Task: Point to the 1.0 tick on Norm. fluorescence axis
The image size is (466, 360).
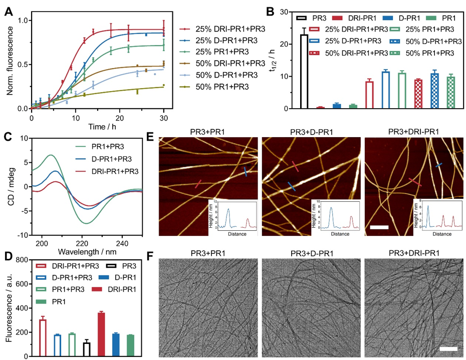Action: click(22, 21)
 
